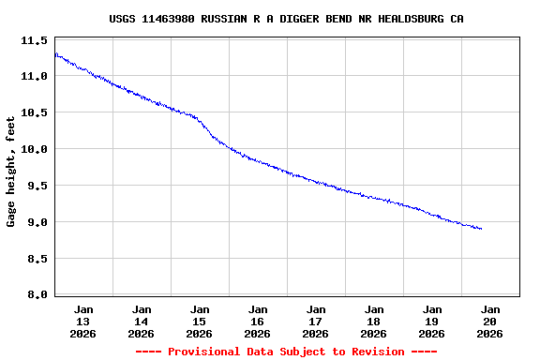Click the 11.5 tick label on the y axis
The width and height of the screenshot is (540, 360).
pos(34,40)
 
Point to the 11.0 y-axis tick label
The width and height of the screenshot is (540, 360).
pos(34,76)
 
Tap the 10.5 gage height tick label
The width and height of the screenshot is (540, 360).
pos(34,112)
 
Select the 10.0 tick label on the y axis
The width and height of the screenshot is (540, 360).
pos(34,149)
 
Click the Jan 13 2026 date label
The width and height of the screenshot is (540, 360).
pos(83,321)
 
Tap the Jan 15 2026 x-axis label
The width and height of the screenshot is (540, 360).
pos(200,321)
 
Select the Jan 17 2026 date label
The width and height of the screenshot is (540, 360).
pos(316,321)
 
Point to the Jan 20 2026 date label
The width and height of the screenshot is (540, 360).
pos(490,321)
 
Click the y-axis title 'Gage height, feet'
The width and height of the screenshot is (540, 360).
pos(11,172)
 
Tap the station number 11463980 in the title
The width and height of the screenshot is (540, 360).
pos(171,19)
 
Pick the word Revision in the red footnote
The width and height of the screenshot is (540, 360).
pos(376,352)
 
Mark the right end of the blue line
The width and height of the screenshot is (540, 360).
pos(481,229)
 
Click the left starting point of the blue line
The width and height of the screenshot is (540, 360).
pos(56,53)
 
